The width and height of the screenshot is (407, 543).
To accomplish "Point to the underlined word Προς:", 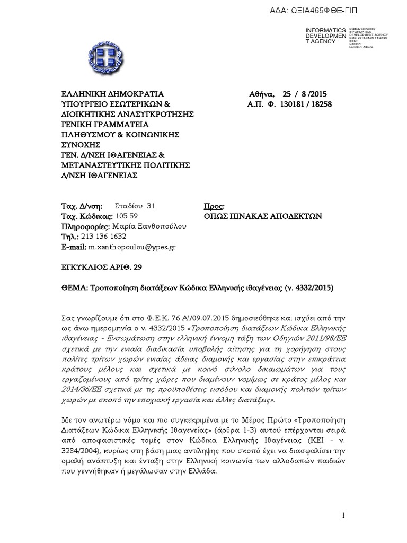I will point(215,206).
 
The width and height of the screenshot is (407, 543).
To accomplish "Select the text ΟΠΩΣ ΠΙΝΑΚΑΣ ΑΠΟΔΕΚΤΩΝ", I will point(263,216).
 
